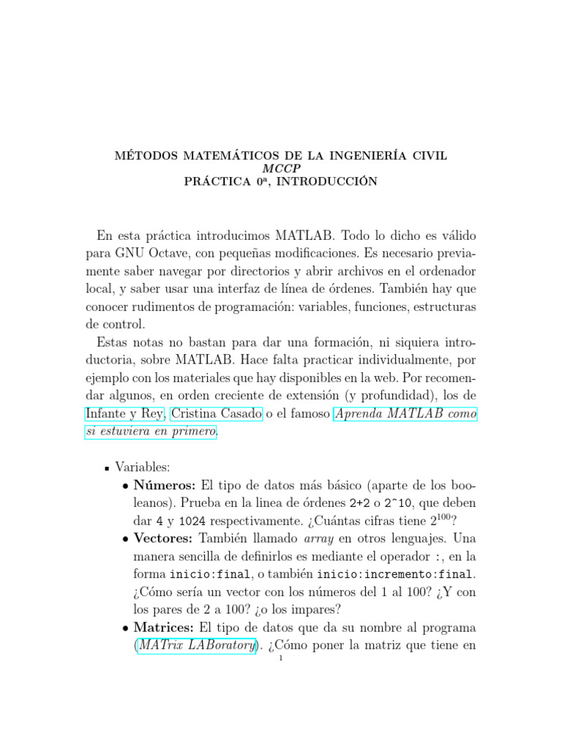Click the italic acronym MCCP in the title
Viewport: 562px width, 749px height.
click(281, 168)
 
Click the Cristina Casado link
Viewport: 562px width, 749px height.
click(216, 414)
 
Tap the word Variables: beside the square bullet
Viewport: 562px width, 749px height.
click(143, 467)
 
